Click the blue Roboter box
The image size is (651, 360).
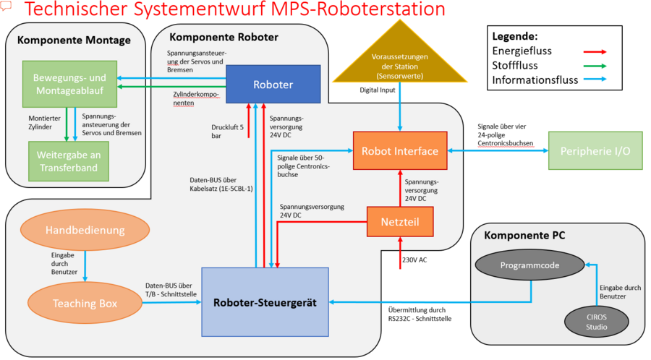[273, 84]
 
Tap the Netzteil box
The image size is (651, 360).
[401, 221]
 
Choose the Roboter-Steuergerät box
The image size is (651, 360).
[264, 301]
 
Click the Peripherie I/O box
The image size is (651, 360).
[595, 150]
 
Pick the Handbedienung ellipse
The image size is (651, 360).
[85, 230]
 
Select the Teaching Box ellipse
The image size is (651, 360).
[85, 303]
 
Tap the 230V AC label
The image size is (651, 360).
[414, 260]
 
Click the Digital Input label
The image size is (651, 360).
[378, 90]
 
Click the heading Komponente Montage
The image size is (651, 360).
[74, 40]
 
